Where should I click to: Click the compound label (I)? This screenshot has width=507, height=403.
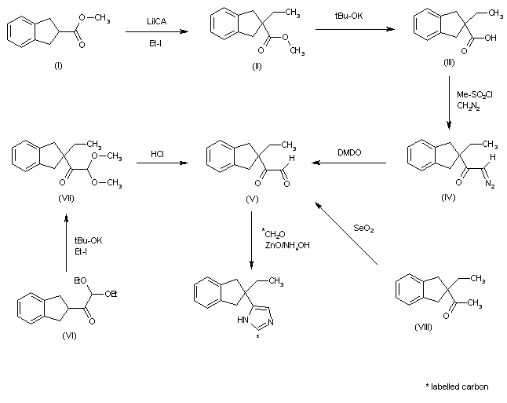(x=57, y=64)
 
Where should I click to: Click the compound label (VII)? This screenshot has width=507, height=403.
(x=66, y=198)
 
